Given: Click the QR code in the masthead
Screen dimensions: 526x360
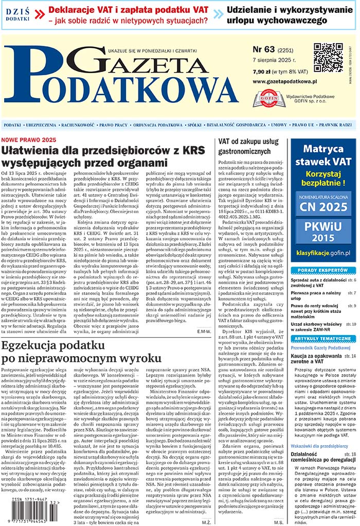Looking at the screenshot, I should tap(328, 58).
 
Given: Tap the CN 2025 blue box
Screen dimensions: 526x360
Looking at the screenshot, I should tap(322, 206).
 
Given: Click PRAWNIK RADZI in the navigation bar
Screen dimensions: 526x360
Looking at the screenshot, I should tap(335, 125).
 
